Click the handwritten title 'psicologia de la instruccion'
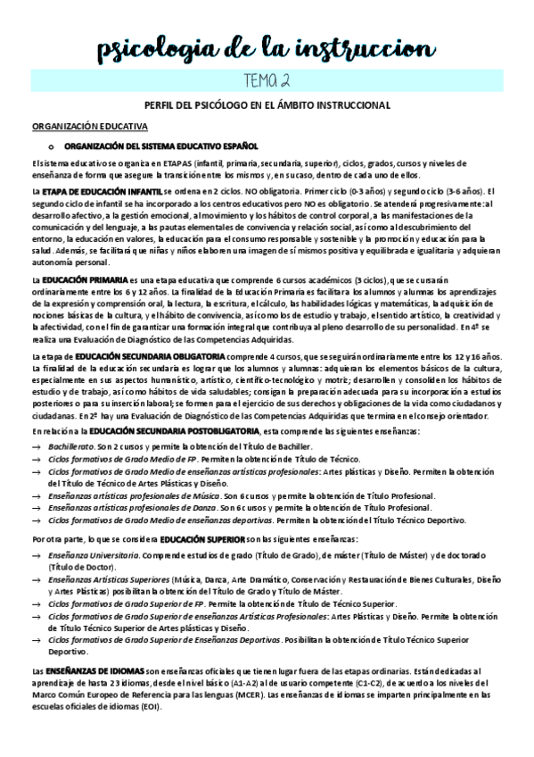267,46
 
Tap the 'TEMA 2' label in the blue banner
267,80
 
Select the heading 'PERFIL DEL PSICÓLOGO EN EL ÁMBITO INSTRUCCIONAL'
267,105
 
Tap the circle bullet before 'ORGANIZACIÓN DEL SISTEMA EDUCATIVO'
51,146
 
